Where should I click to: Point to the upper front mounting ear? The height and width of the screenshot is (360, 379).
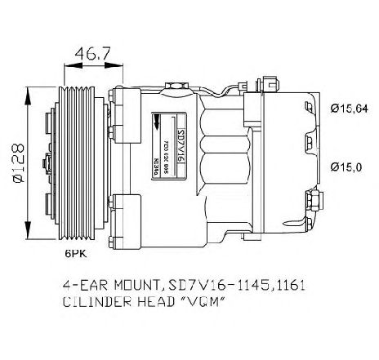(123, 102)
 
